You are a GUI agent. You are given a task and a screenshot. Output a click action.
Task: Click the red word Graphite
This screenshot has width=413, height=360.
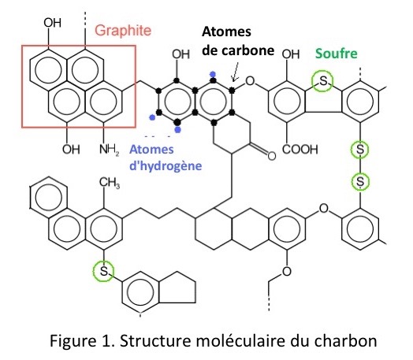pyautogui.click(x=123, y=31)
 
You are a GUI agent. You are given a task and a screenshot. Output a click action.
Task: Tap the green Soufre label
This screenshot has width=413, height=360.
pyautogui.click(x=337, y=54)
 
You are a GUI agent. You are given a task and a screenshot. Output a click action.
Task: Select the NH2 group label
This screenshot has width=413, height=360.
pyautogui.click(x=110, y=150)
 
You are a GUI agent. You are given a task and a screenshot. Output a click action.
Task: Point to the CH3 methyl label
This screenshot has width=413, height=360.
pyautogui.click(x=110, y=183)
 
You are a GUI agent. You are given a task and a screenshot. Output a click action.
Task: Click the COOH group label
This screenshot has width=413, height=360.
pyautogui.click(x=300, y=149)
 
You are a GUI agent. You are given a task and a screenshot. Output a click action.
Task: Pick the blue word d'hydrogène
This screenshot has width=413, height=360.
pyautogui.click(x=166, y=166)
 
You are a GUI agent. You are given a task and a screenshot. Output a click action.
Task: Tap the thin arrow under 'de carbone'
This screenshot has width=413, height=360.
pyautogui.click(x=235, y=72)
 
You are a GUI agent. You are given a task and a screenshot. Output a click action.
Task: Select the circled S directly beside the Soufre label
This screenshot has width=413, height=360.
pyautogui.click(x=322, y=81)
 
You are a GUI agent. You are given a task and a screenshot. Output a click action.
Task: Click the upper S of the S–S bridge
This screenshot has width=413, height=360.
pyautogui.click(x=359, y=150)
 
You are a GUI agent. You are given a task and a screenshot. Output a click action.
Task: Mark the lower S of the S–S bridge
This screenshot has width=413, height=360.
pyautogui.click(x=360, y=182)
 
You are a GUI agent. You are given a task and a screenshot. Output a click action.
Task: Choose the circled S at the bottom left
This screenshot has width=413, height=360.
pyautogui.click(x=104, y=271)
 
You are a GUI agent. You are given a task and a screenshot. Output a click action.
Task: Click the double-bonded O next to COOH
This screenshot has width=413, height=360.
pyautogui.click(x=272, y=156)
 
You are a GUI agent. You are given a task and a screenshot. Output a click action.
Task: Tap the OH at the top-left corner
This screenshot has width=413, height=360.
pyautogui.click(x=53, y=23)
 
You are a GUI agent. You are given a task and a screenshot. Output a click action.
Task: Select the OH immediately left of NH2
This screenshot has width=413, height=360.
pyautogui.click(x=71, y=150)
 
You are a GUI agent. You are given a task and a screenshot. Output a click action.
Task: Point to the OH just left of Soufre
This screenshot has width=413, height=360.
pyautogui.click(x=291, y=54)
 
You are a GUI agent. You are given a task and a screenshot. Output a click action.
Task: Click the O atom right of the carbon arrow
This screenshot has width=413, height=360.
pyautogui.click(x=250, y=81)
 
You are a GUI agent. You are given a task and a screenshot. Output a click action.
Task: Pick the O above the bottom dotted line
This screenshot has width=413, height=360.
pyautogui.click(x=287, y=271)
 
